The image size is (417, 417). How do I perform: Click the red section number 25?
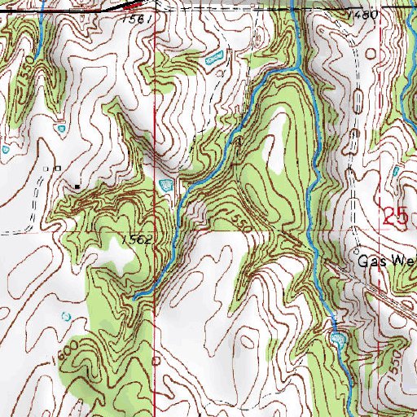coord(395,217)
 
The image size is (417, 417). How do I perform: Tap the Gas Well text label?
coord(388,261)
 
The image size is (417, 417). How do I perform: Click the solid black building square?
coord(77,186)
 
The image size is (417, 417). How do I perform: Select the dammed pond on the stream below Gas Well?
coord(337,336)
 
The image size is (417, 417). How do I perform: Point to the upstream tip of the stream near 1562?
coord(133,296)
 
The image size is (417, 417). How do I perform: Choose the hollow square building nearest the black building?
coord(57,168)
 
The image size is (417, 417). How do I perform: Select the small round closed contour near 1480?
coord(373,53)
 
